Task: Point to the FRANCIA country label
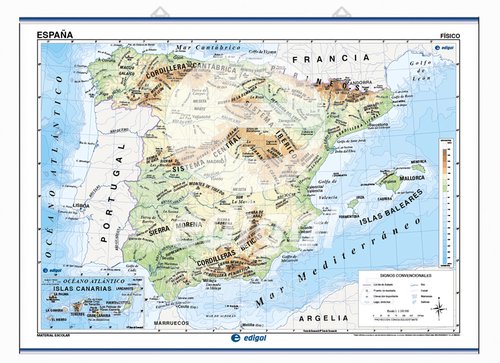320,60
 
